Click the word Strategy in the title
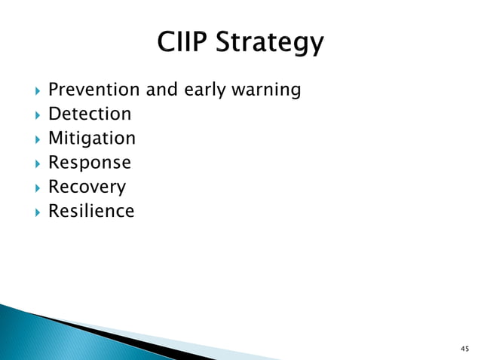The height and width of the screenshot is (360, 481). pos(270,43)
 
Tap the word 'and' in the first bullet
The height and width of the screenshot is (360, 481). pos(161,90)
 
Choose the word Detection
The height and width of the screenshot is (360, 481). pos(90,114)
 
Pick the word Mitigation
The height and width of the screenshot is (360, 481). pos(92,139)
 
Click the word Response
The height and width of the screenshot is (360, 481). pos(90,163)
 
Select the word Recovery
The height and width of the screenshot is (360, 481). pos(87,188)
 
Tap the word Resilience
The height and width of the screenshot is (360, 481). pos(91,211)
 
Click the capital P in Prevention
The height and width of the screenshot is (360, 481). pos(54,90)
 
